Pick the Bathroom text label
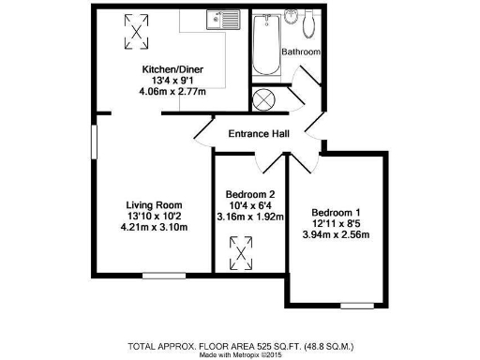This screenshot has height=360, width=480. [302, 52]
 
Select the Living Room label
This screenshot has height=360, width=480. [155, 205]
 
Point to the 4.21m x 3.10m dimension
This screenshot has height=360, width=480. [155, 228]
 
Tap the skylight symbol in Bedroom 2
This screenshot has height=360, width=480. [242, 251]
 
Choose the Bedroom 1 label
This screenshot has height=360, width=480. [336, 211]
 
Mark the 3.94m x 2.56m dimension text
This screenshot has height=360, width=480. [336, 233]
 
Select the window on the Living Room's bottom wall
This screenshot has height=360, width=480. [157, 275]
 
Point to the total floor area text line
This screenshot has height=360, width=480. [241, 345]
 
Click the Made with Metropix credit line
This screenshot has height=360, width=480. [241, 354]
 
